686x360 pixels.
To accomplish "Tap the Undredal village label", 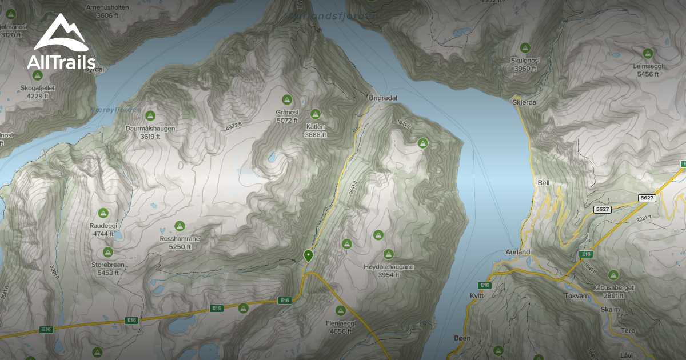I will point(382,98).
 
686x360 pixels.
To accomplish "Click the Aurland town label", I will point(518,252).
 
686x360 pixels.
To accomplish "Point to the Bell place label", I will point(544,183).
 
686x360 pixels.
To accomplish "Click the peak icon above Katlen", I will point(315,114).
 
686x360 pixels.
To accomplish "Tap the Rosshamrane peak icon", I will point(180,226).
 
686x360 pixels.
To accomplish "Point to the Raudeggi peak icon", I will point(103,213).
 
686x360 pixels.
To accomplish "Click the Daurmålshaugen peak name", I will point(150,129).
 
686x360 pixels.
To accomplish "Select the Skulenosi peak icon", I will point(525,47).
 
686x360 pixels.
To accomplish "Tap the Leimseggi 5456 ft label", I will point(648,70).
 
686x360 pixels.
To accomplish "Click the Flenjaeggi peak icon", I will point(341,310).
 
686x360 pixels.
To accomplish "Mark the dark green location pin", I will point(309,255).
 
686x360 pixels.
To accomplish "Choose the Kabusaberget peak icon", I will point(613,275).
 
